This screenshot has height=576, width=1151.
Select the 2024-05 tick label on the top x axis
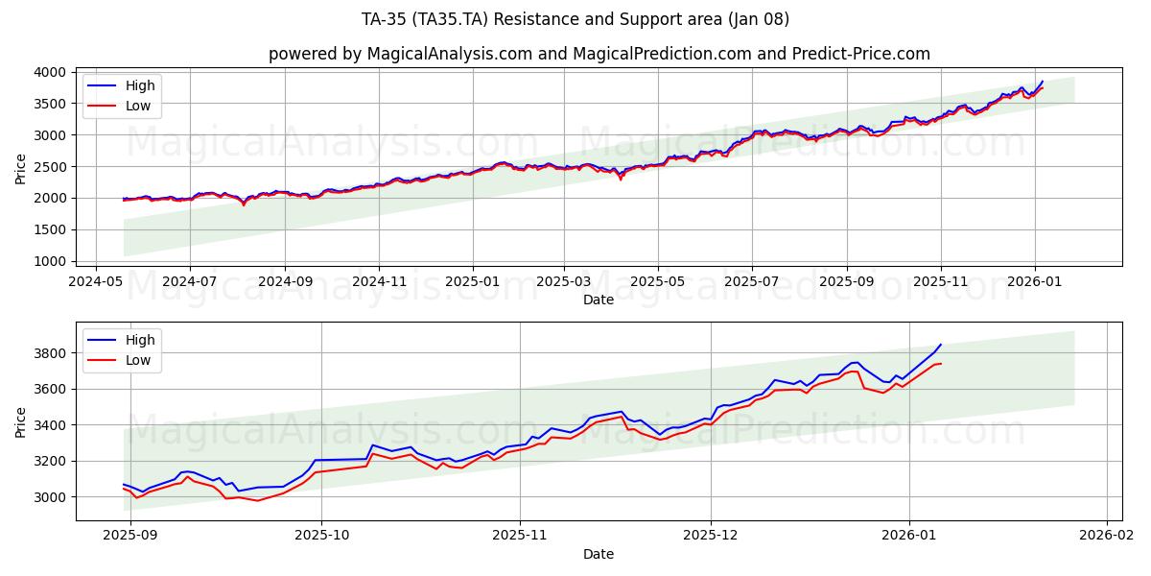point(95,282)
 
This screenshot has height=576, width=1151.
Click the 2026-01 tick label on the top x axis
point(1034,282)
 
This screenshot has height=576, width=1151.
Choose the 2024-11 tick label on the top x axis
point(378,282)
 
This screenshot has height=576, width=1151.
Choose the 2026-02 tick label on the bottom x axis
point(1107,536)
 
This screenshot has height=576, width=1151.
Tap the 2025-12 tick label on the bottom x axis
point(712,536)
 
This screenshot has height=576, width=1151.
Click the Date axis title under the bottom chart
point(599,554)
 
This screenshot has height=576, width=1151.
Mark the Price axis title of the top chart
point(21,168)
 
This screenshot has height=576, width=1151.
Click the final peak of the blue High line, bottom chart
point(941,344)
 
